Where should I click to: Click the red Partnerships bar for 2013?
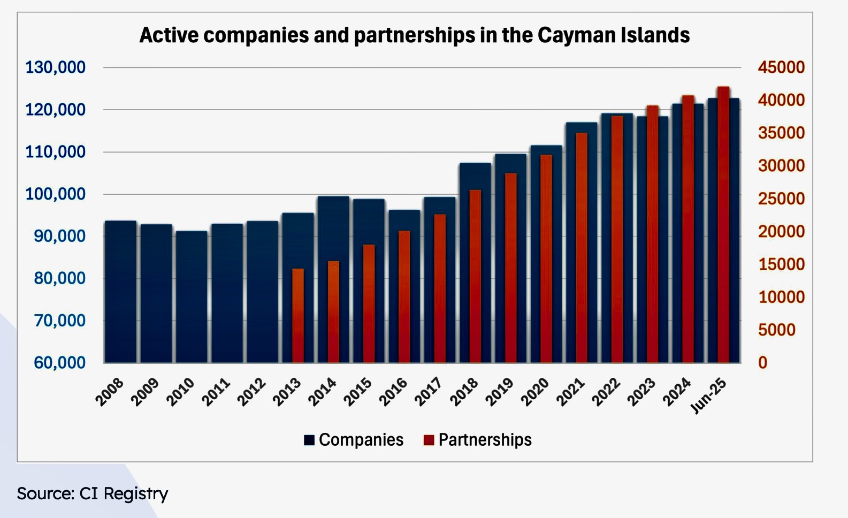tap(297, 316)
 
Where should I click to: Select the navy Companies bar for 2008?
tap(120, 292)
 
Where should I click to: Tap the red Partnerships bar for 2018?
tap(475, 276)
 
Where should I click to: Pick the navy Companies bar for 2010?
tap(192, 297)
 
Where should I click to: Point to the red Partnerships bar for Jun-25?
tap(723, 225)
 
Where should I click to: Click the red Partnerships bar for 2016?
tap(404, 296)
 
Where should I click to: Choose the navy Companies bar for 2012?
tap(263, 292)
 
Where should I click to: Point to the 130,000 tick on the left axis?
tap(56, 67)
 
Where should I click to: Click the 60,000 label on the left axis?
tap(59, 363)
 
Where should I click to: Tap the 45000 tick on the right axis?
tap(781, 67)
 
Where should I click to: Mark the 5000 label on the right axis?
tap(777, 330)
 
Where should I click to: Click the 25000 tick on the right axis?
tap(781, 199)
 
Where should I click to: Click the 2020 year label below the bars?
tap(536, 392)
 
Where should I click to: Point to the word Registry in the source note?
tap(136, 493)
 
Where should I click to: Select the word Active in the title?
tap(169, 35)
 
